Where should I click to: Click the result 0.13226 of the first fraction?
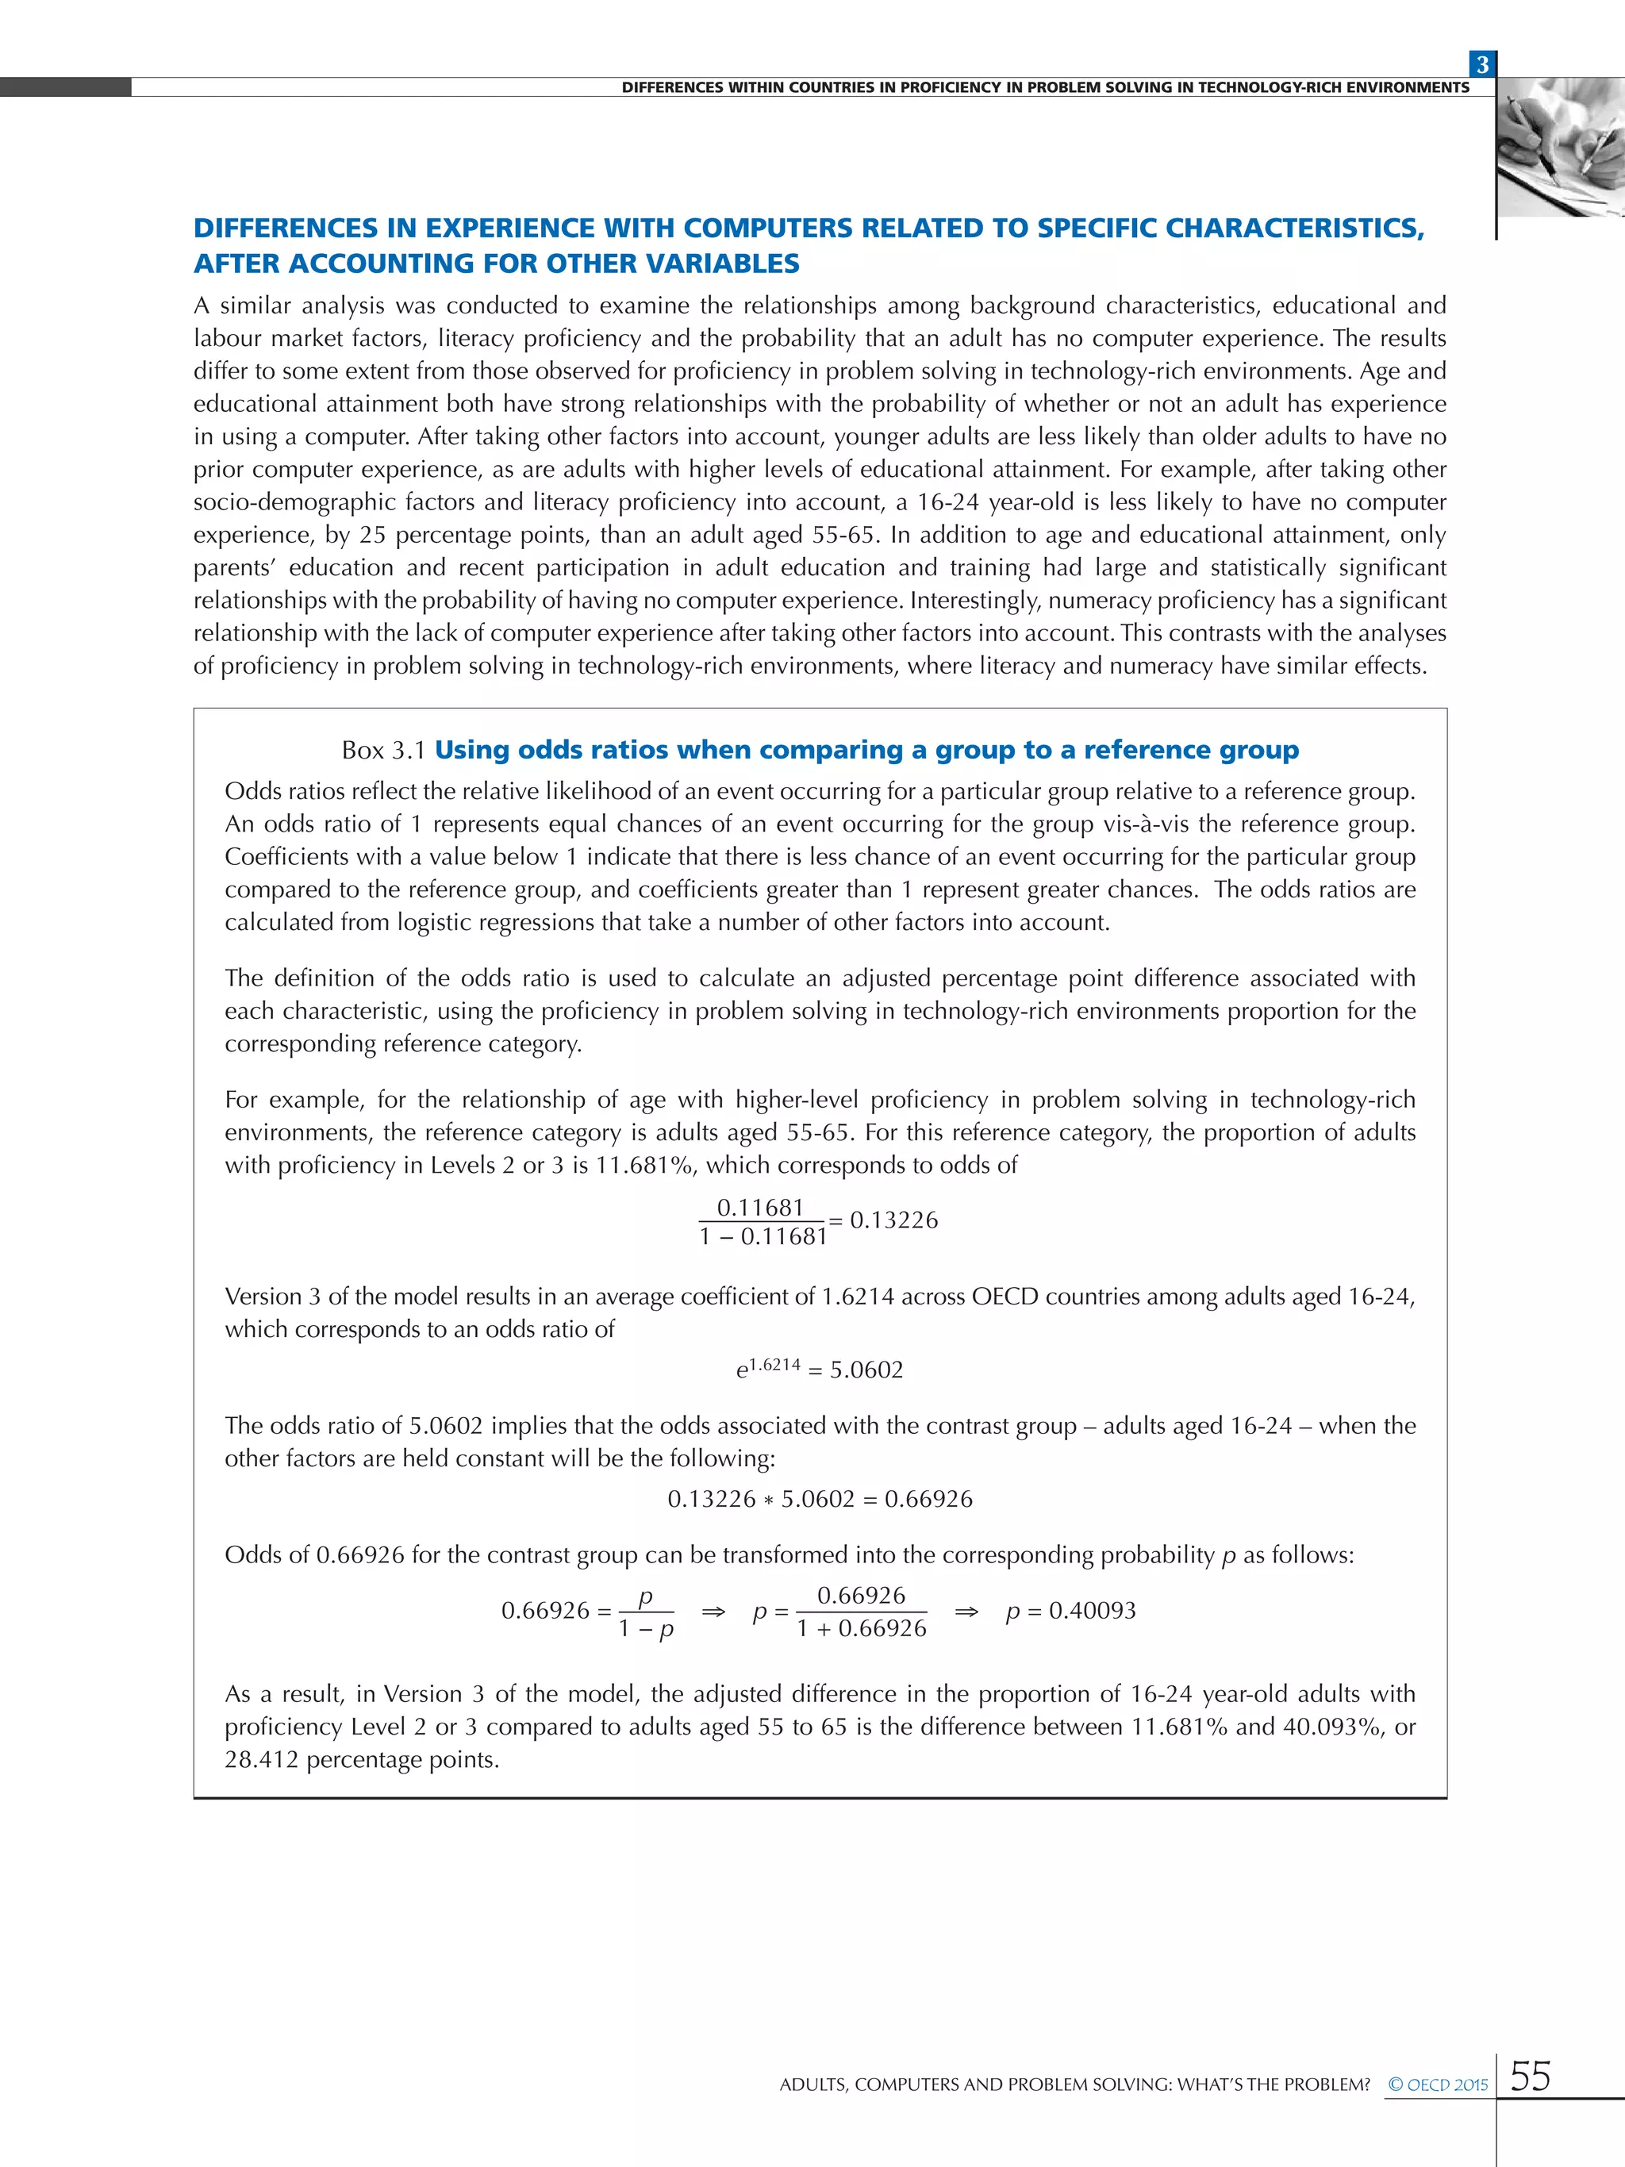pyautogui.click(x=893, y=1220)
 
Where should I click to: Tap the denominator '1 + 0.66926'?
pyautogui.click(x=861, y=1628)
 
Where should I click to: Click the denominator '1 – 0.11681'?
pyautogui.click(x=763, y=1237)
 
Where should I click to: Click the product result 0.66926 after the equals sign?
pyautogui.click(x=928, y=1499)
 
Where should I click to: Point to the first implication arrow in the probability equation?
pyautogui.click(x=713, y=1612)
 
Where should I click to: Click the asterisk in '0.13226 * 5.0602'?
pyautogui.click(x=769, y=1500)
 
